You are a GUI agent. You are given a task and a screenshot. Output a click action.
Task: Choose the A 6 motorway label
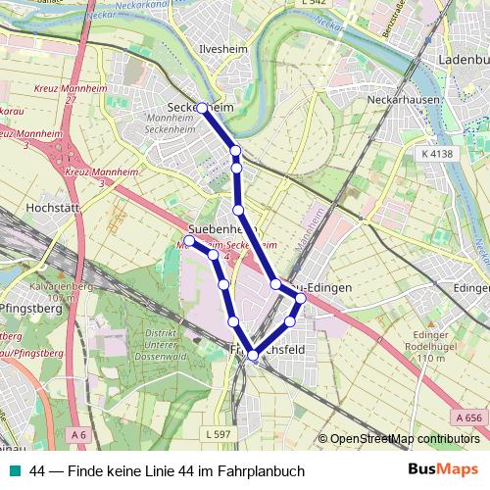click(x=77, y=432)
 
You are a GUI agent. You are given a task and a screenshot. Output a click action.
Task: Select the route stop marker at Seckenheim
click(x=202, y=108)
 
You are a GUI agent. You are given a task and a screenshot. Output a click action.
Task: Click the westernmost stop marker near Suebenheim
click(x=189, y=239)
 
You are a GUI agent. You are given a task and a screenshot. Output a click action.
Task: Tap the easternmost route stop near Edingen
click(x=301, y=298)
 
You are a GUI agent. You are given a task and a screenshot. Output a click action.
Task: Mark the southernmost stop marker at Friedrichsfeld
click(x=253, y=356)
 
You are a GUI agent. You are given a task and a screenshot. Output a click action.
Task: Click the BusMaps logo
click(x=444, y=470)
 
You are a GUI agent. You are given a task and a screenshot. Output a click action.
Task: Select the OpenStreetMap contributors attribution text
click(x=403, y=438)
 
